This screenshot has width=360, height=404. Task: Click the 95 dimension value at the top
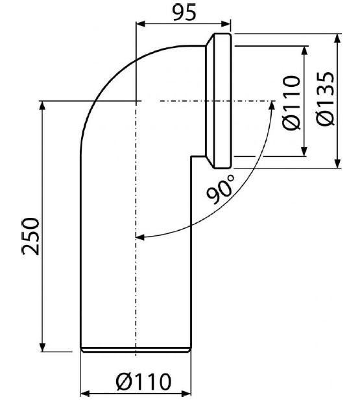(184, 12)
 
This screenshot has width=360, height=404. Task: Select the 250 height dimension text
(30, 236)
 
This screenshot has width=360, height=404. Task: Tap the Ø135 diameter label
(326, 99)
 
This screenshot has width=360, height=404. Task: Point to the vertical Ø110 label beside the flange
(291, 102)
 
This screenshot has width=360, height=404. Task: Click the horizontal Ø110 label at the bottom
(143, 381)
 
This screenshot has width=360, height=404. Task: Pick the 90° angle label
(221, 189)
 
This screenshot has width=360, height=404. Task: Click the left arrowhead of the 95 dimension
(141, 24)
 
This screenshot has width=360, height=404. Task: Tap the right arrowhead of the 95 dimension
(226, 24)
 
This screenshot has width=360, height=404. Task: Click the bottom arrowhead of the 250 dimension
(43, 346)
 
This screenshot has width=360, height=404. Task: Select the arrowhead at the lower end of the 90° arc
(140, 237)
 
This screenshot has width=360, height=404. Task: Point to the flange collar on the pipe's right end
(218, 101)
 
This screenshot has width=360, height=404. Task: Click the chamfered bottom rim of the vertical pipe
(136, 350)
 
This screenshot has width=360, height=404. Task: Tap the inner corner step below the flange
(191, 156)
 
